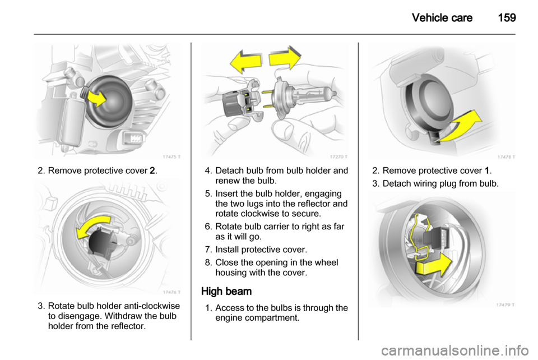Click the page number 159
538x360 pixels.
(507, 17)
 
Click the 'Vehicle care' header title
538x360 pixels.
(442, 17)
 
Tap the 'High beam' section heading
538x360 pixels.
(226, 292)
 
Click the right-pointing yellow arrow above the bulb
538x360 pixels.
(285, 58)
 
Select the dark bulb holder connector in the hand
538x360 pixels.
(240, 99)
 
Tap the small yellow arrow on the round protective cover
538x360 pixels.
(96, 98)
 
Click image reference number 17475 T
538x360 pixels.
(171, 157)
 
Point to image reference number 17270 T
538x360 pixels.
(339, 157)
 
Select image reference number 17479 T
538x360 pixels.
(505, 304)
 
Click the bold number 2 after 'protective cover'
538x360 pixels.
(152, 171)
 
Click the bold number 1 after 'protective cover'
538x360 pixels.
(487, 171)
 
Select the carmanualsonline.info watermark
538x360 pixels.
(454, 350)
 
